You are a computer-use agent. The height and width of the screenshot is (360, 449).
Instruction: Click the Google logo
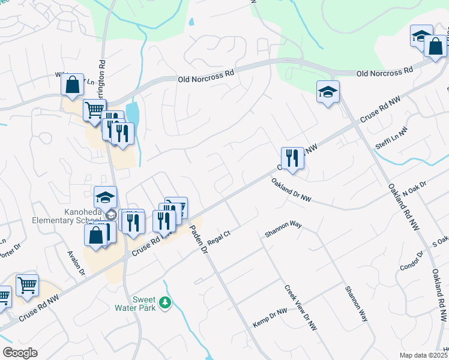[20, 353]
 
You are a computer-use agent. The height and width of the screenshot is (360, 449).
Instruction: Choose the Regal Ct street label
[219, 233]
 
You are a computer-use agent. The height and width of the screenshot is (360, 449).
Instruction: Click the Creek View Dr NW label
[300, 308]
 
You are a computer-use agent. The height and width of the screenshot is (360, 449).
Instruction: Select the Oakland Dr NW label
[291, 190]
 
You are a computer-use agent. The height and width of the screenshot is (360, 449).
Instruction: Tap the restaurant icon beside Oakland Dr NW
[292, 158]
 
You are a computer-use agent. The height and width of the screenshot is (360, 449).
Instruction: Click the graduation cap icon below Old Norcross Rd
[328, 92]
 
